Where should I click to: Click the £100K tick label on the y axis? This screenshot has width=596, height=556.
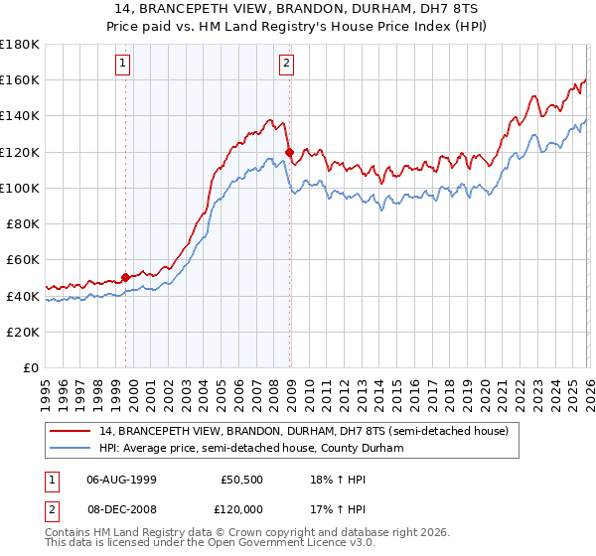coord(20,188)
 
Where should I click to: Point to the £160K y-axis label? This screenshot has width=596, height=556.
coord(20,79)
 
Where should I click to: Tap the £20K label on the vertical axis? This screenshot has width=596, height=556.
coord(23,332)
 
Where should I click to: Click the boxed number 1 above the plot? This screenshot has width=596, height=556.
coord(123,65)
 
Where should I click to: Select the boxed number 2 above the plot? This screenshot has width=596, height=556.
coord(286,65)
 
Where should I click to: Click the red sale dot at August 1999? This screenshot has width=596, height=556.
coord(125,277)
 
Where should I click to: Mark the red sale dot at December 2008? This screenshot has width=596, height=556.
coord(289,152)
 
